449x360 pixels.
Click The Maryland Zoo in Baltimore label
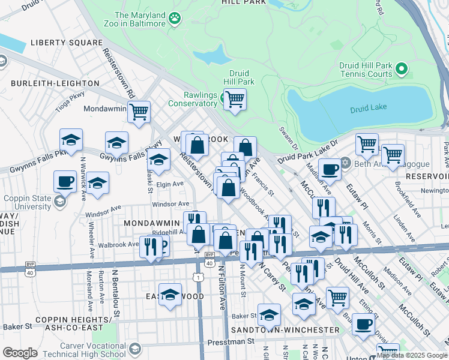[x=140, y=19]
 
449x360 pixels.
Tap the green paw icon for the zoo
[x=175, y=19]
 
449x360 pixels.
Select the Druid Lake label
[x=368, y=109]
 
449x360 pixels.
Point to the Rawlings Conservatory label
[x=192, y=99]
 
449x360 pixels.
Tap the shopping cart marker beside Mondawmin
[x=139, y=111]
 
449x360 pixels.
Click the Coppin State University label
[x=29, y=201]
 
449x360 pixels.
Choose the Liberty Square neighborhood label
[x=67, y=43]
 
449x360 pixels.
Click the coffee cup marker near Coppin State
[x=65, y=180]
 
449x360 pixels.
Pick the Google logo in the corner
[x=20, y=353]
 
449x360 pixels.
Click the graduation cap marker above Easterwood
[x=170, y=295]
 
